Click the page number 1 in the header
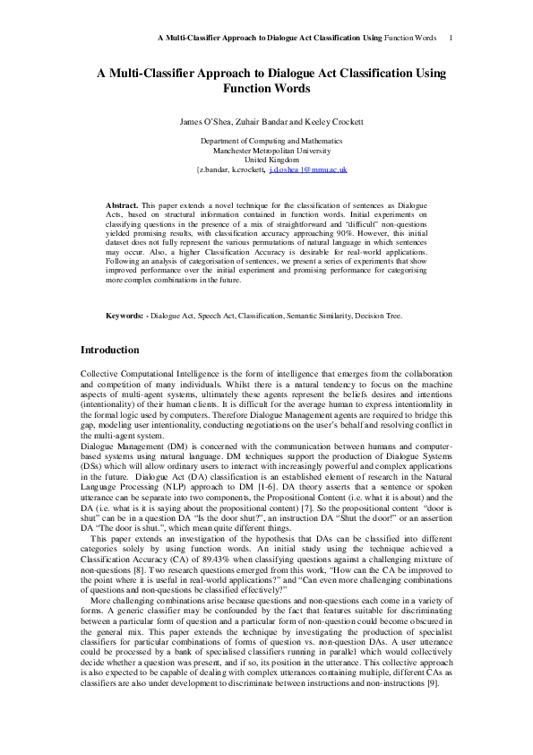tap(449, 38)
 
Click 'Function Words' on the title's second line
tap(266, 89)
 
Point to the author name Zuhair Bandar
tap(259, 120)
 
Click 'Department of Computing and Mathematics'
tap(266, 142)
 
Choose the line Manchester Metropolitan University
tap(266, 151)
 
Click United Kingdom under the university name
tap(266, 160)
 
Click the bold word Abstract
tap(122, 205)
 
